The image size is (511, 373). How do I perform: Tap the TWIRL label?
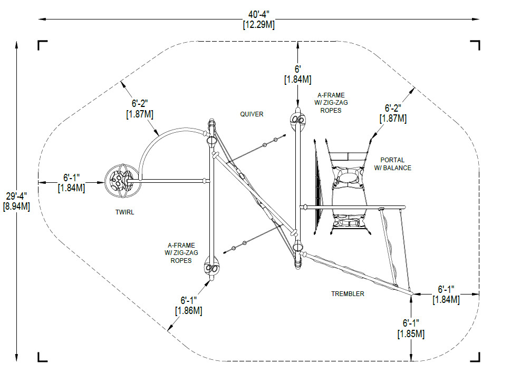click(x=124, y=212)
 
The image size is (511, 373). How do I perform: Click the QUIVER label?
click(x=252, y=114)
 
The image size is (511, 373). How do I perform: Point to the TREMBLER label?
click(x=348, y=294)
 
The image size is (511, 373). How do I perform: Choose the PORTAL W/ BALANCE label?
click(x=392, y=164)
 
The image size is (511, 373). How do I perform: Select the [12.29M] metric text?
click(x=259, y=25)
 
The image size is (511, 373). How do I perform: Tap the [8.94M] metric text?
click(x=17, y=207)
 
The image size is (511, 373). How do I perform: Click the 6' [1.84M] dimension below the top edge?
click(x=297, y=74)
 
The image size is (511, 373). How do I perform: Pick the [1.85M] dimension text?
click(x=411, y=334)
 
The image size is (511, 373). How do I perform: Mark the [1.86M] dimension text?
click(x=189, y=311)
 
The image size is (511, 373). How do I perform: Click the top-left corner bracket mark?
click(x=42, y=45)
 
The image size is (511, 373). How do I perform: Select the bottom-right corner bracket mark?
click(x=476, y=357)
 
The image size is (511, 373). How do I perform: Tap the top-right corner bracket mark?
click(x=476, y=45)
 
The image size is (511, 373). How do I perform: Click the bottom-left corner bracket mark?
click(x=42, y=357)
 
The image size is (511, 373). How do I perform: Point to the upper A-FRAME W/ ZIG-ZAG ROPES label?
click(x=331, y=103)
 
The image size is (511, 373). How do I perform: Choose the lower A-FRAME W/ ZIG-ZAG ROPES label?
click(x=181, y=253)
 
